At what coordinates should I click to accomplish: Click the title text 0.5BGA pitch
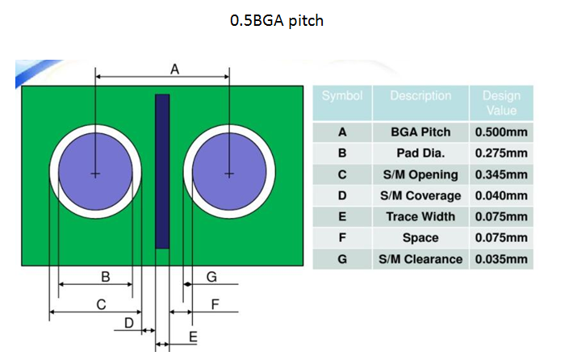coord(276,20)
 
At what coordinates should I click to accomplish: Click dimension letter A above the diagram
coord(175,70)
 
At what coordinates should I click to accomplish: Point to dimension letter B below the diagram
coord(105,277)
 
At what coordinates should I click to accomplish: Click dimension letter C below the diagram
coord(101,304)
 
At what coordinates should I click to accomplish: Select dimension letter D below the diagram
coord(129,323)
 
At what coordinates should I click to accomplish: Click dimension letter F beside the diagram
coord(215,304)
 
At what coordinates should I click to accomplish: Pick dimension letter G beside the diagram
coord(211,277)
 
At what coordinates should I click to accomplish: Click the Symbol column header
coord(342,96)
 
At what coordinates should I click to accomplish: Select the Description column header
coord(420,96)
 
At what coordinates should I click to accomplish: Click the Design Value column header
coord(501,103)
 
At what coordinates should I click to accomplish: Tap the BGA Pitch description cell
coord(420,132)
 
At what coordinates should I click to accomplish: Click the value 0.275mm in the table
coord(501,153)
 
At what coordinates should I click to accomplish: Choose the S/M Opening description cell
coord(420,174)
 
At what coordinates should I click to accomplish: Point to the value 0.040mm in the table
coord(501,195)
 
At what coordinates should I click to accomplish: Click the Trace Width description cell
coord(420,216)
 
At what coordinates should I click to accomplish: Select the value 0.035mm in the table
coord(501,259)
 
